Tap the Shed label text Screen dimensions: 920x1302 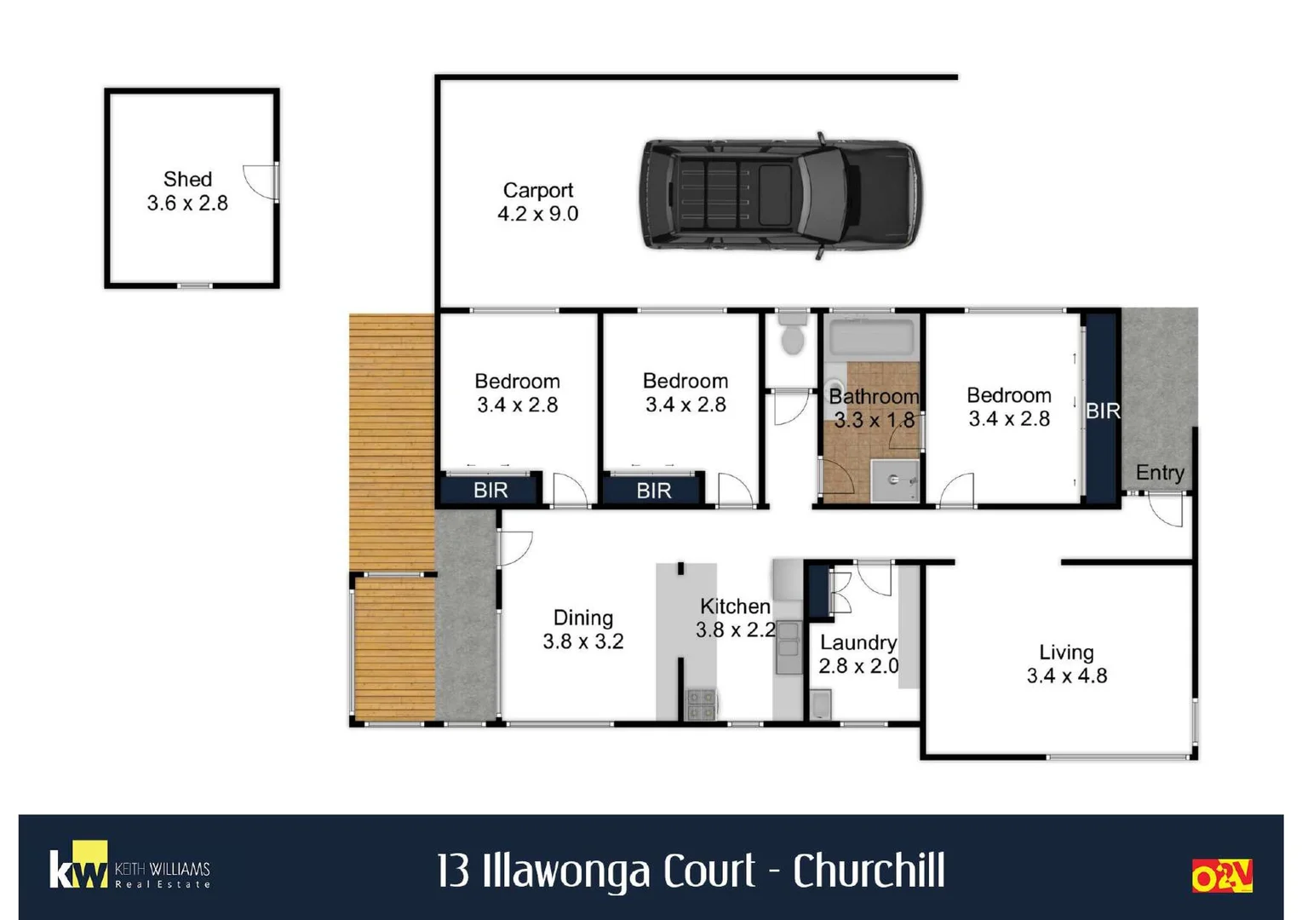point(187,179)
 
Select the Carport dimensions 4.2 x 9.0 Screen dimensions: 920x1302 point(537,214)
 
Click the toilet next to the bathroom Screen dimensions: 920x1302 point(793,334)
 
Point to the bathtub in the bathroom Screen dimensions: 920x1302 point(872,337)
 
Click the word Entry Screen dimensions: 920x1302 point(1159,473)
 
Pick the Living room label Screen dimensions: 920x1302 point(1066,653)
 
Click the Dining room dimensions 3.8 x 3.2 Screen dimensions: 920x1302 point(583,641)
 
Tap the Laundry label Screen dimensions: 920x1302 point(857,642)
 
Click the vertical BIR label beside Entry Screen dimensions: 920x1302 point(1102,411)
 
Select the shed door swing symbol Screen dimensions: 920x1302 point(260,181)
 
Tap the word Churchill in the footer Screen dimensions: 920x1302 point(869,871)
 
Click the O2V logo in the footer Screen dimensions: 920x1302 point(1221,876)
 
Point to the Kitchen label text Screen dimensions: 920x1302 point(735,607)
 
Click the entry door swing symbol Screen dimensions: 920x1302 point(1166,510)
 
